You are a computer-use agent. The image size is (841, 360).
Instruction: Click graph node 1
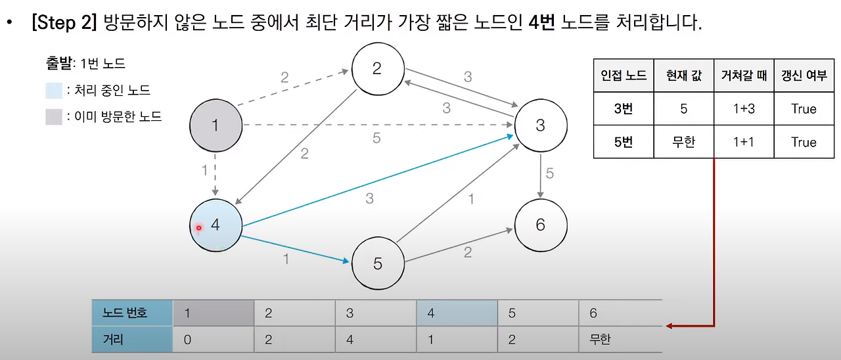coord(216,125)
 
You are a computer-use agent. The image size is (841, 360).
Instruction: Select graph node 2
coord(376,69)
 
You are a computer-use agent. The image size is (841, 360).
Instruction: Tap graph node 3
coord(540,125)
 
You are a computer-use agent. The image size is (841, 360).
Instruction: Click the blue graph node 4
coord(215,225)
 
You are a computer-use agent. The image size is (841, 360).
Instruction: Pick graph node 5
coord(378,263)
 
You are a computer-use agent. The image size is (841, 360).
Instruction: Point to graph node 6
coord(540,225)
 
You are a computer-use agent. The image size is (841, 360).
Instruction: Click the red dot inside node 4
coord(198,228)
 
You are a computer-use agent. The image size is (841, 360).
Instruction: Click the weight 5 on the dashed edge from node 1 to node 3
coord(376,138)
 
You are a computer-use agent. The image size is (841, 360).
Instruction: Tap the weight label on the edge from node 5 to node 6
coord(467,252)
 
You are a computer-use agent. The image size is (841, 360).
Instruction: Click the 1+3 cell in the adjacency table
coord(744,109)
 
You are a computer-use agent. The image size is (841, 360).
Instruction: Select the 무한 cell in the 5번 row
coord(683,143)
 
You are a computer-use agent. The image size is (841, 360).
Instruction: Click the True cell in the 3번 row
coord(804,109)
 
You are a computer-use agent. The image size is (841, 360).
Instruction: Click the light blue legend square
coord(54,91)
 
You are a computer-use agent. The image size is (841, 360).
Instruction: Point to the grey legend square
coord(54,117)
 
